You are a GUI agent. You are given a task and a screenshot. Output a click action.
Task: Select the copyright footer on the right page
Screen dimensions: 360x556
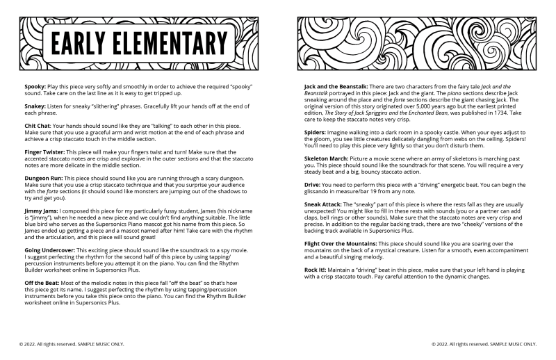click(484, 343)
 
